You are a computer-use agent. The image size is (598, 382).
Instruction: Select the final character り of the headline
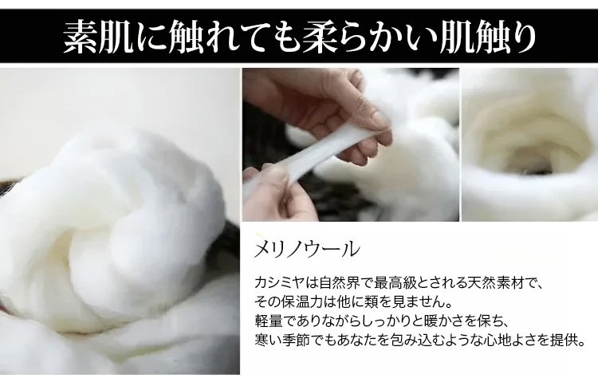point(522,37)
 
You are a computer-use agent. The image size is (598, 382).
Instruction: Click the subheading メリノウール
point(307,249)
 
